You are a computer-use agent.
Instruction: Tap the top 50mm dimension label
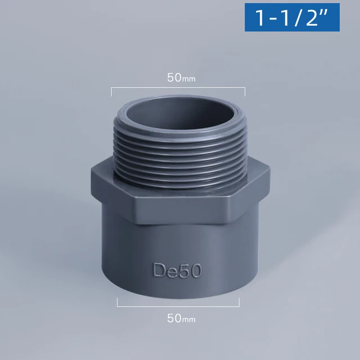point(181,78)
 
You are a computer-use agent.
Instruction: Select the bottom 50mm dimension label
point(181,318)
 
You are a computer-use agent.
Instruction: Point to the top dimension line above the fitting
point(178,88)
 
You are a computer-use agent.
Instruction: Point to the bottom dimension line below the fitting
point(178,306)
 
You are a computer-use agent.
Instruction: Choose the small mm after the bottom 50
point(189,320)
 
